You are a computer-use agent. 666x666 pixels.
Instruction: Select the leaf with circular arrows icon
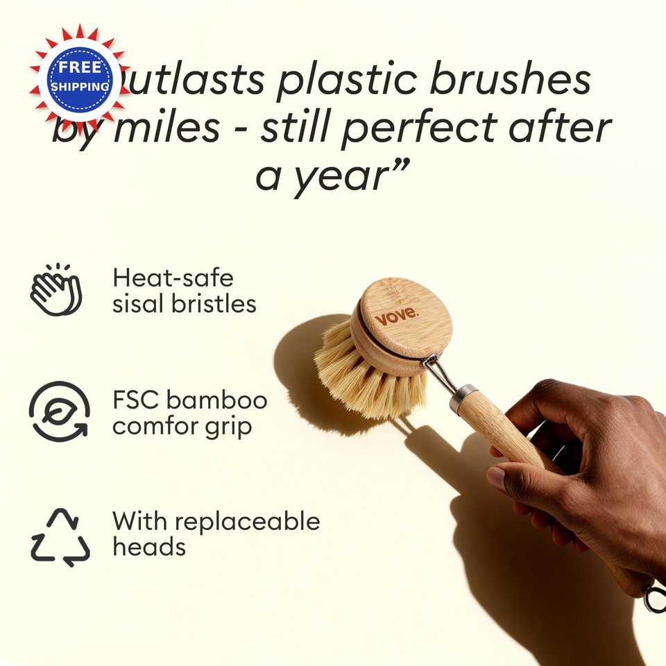tap(59, 411)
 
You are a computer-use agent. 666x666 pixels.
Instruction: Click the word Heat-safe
tap(173, 278)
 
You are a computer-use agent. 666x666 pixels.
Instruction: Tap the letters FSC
tap(135, 400)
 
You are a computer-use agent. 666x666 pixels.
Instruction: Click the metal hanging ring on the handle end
tap(654, 597)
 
